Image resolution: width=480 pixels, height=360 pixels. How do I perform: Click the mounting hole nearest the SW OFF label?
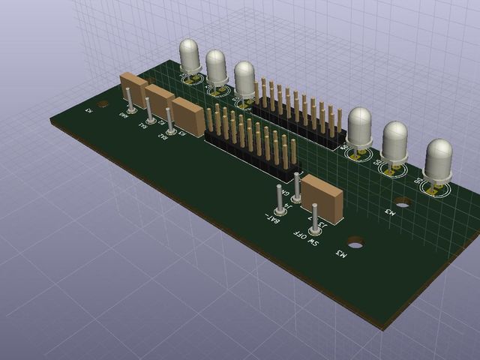click(354, 244)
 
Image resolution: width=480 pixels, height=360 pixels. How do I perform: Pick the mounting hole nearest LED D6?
click(403, 202)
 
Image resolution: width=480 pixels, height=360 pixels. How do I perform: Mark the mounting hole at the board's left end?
click(103, 104)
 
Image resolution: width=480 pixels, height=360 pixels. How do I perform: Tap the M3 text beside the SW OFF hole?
click(341, 255)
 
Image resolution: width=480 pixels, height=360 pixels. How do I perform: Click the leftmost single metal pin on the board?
click(129, 100)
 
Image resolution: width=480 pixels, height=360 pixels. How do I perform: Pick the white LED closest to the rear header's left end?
click(244, 79)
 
